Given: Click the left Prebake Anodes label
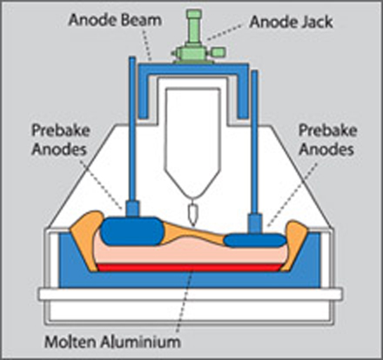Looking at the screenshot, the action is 60,140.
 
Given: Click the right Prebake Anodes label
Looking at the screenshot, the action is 327,140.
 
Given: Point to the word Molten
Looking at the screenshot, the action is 71,342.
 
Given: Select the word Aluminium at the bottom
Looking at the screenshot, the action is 140,342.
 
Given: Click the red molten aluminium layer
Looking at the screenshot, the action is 189,268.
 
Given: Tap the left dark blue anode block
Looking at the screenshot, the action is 132,231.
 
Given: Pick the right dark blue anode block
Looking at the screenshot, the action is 255,240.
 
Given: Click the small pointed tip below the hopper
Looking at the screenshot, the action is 192,215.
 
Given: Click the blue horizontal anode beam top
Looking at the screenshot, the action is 193,70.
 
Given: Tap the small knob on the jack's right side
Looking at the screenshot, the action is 218,52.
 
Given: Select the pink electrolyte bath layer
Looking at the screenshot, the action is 191,254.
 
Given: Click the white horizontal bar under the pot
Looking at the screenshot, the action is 191,294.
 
